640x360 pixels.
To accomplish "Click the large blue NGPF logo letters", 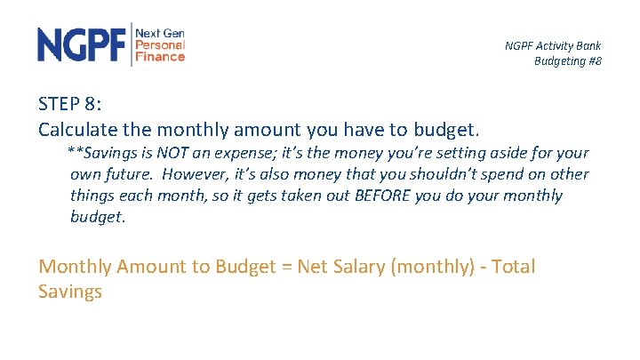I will click(82, 44).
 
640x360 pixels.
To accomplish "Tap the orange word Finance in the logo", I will click(160, 56).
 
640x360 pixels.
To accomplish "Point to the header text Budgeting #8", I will click(567, 60).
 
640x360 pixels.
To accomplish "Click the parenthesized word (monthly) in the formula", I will click(432, 267).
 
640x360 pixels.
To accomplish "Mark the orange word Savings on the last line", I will click(70, 291).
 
